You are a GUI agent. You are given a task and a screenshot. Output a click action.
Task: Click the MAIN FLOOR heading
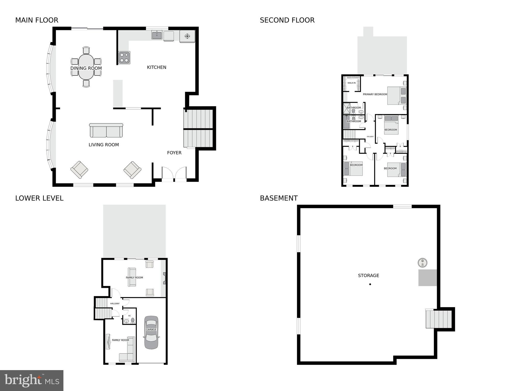pyautogui.click(x=37, y=20)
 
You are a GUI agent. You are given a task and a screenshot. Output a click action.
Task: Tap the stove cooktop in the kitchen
pyautogui.click(x=124, y=58)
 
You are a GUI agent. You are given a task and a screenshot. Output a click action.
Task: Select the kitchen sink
pyautogui.click(x=157, y=35)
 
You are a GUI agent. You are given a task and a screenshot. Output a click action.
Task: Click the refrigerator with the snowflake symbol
pyautogui.click(x=187, y=36)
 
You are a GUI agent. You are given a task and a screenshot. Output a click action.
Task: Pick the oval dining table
pyautogui.click(x=86, y=67)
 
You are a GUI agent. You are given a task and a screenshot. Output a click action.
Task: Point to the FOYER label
pyautogui.click(x=174, y=153)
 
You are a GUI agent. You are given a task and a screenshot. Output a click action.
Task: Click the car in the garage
pyautogui.click(x=151, y=332)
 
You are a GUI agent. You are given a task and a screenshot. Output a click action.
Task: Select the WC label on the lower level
pyautogui.click(x=129, y=316)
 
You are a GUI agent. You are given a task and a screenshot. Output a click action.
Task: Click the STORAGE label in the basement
pyautogui.click(x=368, y=276)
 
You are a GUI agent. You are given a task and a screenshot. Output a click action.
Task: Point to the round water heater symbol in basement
pyautogui.click(x=422, y=263)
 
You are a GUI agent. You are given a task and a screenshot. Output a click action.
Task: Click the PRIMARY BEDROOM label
pyautogui.click(x=375, y=95)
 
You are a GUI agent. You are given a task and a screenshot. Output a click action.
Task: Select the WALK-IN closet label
pyautogui.click(x=351, y=83)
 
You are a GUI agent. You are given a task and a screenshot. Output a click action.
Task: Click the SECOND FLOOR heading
pyautogui.click(x=287, y=20)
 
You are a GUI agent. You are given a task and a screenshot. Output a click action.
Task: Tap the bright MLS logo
pyautogui.click(x=32, y=380)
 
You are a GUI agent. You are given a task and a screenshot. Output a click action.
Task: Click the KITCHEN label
pyautogui.click(x=157, y=67)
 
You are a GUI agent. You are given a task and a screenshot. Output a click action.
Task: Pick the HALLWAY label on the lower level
pyautogui.click(x=115, y=304)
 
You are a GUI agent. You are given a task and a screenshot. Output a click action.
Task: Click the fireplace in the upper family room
pyautogui.click(x=164, y=278)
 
